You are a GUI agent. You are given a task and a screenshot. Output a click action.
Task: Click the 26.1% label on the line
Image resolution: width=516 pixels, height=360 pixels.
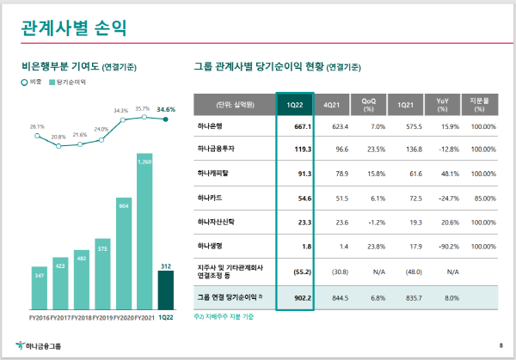tap(37, 126)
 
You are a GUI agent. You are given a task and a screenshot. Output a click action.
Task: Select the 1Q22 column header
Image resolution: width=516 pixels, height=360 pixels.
tap(293, 105)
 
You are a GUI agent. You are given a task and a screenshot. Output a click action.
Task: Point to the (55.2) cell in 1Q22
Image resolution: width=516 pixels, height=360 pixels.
tap(298, 272)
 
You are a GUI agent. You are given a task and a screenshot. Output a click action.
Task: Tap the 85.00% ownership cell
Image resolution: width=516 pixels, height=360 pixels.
tap(485, 198)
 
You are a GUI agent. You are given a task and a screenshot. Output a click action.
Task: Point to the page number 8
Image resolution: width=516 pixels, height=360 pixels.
tap(501, 346)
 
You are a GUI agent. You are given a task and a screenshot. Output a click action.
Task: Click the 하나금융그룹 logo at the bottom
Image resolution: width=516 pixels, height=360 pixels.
tap(39, 346)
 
